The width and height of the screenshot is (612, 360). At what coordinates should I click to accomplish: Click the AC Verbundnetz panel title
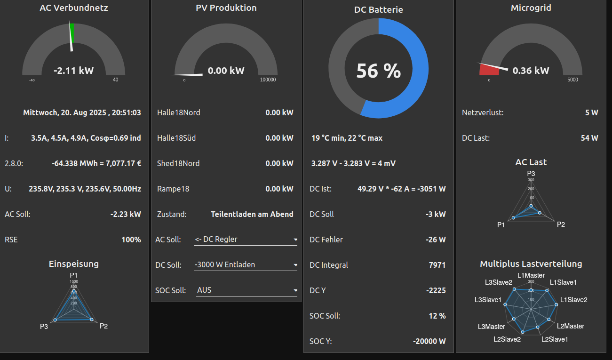tap(74, 8)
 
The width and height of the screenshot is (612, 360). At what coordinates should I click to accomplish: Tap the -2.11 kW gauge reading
tap(74, 71)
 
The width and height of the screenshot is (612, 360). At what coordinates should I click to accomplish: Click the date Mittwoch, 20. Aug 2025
tap(82, 113)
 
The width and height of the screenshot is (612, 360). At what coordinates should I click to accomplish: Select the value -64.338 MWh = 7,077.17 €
tap(96, 164)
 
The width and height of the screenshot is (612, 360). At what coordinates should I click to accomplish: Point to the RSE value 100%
tap(131, 240)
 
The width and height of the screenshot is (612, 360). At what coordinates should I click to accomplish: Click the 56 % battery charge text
tap(379, 71)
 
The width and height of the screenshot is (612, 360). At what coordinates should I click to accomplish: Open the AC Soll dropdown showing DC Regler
tap(246, 240)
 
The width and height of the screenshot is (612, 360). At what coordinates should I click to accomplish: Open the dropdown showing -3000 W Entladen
tap(246, 265)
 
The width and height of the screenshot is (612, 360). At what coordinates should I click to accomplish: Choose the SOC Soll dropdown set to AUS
tap(246, 290)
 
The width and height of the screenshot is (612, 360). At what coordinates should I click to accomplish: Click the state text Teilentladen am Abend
tap(252, 215)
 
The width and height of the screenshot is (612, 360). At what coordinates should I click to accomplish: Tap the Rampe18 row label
tap(173, 189)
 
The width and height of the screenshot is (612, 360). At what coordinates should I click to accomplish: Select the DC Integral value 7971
tap(437, 265)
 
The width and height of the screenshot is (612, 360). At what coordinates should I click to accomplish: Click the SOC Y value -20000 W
tap(429, 342)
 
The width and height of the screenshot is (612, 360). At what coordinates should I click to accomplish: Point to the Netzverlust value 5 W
tap(592, 113)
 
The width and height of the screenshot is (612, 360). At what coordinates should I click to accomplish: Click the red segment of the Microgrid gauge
tap(489, 70)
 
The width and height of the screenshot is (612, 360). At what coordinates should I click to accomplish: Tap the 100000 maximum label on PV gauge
tap(268, 80)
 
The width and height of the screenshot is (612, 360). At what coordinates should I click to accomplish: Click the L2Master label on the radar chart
tap(571, 326)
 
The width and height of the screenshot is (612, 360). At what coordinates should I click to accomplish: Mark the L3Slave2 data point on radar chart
tap(515, 289)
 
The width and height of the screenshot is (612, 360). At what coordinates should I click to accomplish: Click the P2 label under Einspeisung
tap(104, 326)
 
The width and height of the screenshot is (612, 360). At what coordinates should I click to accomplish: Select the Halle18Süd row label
tap(176, 138)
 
